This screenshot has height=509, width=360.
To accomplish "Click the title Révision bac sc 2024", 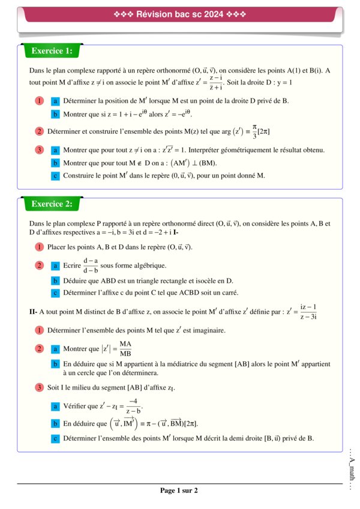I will (179, 14).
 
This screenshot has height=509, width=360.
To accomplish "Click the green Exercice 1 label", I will (52, 52).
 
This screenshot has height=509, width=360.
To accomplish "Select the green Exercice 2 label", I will (52, 204).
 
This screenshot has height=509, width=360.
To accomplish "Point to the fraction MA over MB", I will (125, 348).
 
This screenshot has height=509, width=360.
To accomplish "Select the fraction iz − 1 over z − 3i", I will (309, 312).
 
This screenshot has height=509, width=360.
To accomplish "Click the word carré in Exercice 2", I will (228, 293).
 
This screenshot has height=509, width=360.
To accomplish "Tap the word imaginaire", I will (205, 330).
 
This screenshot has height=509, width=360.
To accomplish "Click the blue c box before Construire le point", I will (55, 176).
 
